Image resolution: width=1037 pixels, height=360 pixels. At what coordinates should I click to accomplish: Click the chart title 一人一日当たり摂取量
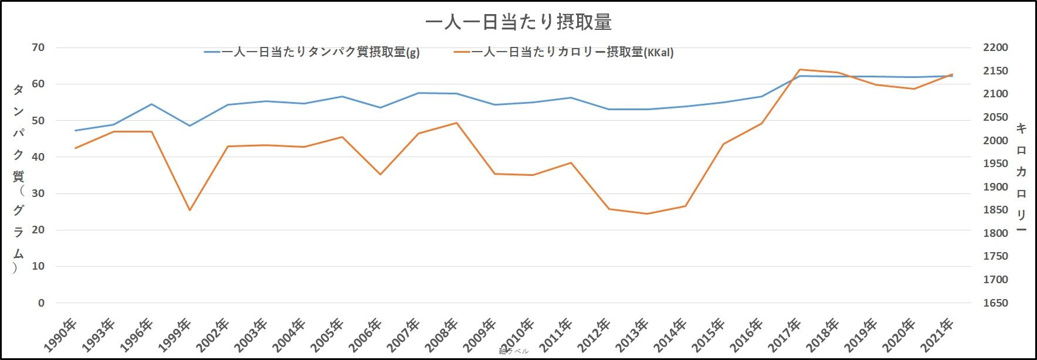[518, 22]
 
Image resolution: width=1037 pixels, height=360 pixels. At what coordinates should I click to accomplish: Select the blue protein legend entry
[312, 52]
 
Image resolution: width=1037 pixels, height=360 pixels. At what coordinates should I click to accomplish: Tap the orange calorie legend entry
[564, 52]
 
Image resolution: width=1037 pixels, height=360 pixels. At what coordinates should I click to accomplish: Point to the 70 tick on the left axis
[38, 47]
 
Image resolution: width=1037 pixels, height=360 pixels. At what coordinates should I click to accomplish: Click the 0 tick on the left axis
[41, 303]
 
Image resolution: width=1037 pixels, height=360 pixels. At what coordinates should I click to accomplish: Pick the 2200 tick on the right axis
[995, 47]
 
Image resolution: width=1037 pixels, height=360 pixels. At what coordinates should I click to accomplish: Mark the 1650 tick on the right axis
[995, 303]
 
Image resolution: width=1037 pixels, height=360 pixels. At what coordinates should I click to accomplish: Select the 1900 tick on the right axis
[995, 187]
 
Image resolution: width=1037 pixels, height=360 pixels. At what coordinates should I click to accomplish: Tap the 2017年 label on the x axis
[786, 334]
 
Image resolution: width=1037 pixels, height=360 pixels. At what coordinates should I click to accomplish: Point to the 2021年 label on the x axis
[938, 334]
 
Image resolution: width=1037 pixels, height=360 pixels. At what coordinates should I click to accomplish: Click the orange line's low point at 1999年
[189, 210]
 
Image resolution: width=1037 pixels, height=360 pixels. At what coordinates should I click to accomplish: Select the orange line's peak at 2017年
[800, 70]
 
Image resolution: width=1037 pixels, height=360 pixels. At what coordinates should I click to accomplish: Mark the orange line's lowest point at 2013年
[647, 213]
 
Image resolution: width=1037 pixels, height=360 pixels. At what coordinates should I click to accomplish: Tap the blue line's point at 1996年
[151, 104]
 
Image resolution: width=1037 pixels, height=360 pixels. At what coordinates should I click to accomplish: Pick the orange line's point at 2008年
[456, 123]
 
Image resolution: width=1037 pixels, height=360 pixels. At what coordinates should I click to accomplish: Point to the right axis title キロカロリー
[1021, 178]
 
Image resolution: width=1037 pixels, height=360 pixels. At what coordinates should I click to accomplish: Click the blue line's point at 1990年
[75, 130]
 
